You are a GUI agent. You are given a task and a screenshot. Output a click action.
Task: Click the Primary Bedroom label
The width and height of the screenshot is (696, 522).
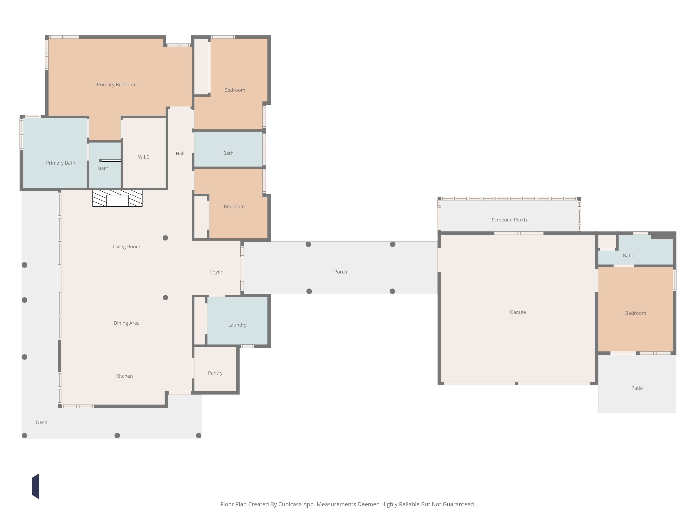[117, 85]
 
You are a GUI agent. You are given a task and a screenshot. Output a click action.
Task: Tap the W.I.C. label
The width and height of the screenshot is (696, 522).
[144, 157]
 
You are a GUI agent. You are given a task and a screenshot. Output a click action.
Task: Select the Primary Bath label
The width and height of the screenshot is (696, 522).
[61, 163]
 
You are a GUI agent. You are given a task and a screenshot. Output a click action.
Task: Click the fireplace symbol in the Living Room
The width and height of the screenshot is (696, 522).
[117, 198]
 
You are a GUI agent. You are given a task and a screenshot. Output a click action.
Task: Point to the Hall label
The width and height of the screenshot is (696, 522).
[180, 154]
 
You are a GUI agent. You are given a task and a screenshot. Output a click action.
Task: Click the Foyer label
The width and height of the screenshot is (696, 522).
[216, 272]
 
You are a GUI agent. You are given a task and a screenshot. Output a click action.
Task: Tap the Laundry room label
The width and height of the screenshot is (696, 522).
[237, 325]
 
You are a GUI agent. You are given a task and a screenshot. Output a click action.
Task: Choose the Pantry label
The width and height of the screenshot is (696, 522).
[215, 373]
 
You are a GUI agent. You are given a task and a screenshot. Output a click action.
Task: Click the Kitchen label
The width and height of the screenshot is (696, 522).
[124, 376]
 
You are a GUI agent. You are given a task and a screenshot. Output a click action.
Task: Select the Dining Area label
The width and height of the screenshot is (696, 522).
[127, 323]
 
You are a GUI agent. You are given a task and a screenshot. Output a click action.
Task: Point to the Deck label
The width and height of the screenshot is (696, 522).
[41, 422]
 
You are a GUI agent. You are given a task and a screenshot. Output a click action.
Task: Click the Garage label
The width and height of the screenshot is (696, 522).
[518, 313]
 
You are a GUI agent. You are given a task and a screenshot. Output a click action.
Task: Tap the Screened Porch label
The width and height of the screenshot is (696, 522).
[509, 220]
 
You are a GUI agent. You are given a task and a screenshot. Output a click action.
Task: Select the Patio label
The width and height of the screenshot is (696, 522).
[637, 388]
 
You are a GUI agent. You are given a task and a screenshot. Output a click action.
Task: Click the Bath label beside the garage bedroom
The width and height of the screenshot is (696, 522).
[628, 256]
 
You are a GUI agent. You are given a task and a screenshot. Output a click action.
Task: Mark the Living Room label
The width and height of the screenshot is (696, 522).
[127, 247]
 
